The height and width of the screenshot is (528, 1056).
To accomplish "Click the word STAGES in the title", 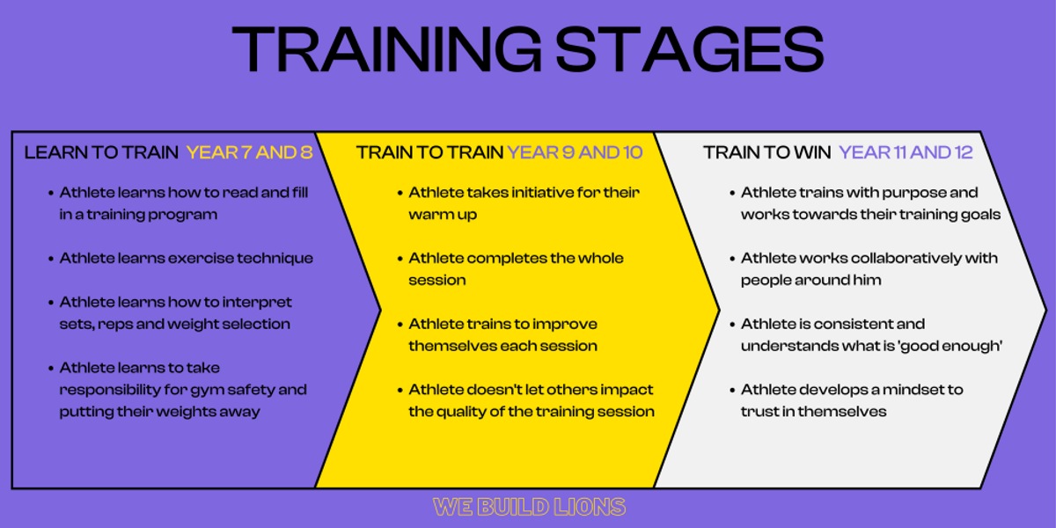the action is point(690,49).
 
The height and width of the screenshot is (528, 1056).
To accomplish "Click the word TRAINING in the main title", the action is point(387,49).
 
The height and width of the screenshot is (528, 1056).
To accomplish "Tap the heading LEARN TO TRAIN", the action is point(101,153).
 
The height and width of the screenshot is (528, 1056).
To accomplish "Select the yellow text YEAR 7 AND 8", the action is point(249,153).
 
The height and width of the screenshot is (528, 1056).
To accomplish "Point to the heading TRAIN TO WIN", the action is point(767,153).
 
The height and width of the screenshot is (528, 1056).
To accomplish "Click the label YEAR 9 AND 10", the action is point(575,153).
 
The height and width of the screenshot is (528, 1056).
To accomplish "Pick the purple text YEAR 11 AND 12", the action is point(906,153).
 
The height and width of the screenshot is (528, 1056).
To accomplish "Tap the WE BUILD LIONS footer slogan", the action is point(529,507).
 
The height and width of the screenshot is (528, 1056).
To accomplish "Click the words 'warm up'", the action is point(443,215).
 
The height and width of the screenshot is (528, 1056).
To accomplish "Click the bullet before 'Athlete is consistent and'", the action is point(732,325).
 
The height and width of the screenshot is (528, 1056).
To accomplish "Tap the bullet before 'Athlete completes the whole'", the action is point(400,259).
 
